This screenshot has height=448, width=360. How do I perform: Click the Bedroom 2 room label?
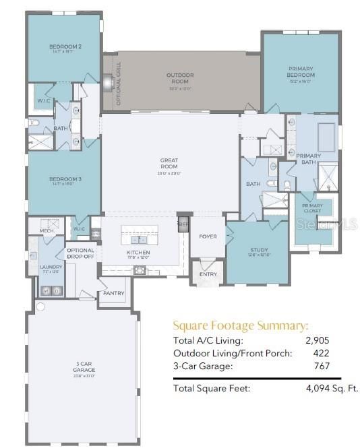tap(65, 47)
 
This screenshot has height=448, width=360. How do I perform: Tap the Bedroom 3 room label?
tap(65, 179)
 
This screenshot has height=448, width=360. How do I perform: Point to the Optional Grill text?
tap(119, 84)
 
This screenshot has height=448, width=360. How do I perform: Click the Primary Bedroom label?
tap(301, 72)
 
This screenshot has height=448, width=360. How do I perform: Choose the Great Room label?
tap(169, 161)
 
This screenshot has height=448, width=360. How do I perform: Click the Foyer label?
tap(207, 236)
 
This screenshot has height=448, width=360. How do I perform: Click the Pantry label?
tap(113, 294)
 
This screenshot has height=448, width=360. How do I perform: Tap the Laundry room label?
tap(51, 267)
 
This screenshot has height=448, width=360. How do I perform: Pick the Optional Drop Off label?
tap(80, 253)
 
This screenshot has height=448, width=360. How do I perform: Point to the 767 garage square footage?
tap(322, 366)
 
